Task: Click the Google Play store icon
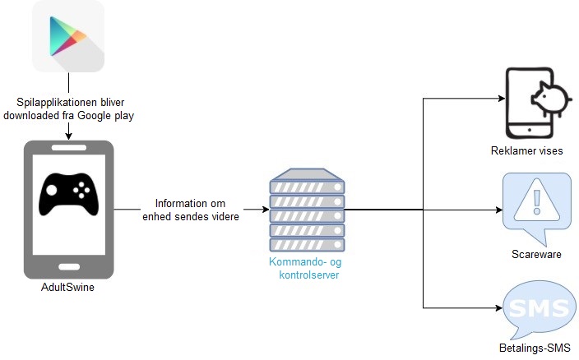(x=68, y=36)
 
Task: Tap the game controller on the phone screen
(x=69, y=194)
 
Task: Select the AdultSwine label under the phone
(x=67, y=287)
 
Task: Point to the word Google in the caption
(x=94, y=115)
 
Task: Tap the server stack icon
(x=307, y=210)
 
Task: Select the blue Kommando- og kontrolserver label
(x=306, y=268)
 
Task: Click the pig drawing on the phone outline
(x=551, y=99)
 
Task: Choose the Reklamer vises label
(x=527, y=151)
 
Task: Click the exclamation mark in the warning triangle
(x=537, y=201)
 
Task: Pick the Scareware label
(x=536, y=254)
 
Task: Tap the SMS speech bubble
(x=539, y=308)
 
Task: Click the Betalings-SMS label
(x=535, y=348)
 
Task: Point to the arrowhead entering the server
(x=266, y=210)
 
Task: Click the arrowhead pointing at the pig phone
(x=502, y=99)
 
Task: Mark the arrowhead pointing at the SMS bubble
(x=499, y=307)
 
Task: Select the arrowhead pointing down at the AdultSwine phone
(x=69, y=136)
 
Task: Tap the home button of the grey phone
(x=69, y=266)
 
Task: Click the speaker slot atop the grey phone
(x=69, y=148)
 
